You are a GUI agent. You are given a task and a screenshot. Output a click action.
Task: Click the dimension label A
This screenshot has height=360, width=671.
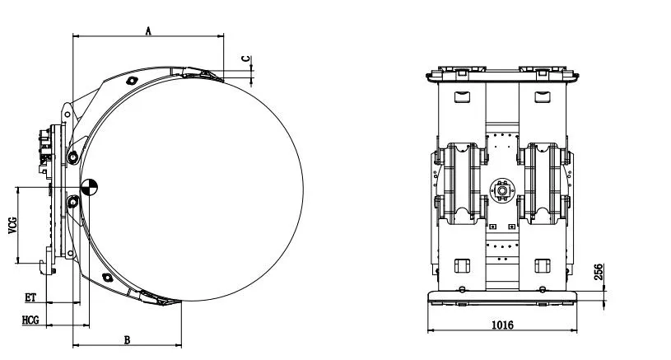148,30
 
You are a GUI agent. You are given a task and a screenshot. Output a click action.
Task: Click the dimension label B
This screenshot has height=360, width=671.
127,339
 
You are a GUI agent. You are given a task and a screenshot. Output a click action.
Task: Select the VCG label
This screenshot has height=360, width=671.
12,224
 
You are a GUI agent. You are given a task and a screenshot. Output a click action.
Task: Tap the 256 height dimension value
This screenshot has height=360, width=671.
599,273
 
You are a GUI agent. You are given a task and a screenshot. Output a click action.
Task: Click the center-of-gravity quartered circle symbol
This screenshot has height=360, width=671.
89,186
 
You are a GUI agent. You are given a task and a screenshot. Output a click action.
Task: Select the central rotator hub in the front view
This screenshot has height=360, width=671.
501,189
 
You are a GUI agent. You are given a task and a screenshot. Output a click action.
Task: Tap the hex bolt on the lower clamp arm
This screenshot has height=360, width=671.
105,276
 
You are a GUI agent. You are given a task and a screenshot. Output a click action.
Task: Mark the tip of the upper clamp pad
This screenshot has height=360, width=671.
221,78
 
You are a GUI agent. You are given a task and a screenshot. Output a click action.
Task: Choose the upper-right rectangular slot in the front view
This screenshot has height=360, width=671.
541,97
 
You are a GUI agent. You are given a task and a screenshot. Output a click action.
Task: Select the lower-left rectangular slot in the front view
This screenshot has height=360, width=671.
460,265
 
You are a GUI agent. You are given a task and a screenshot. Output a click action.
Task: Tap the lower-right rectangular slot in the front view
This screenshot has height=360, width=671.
541,265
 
